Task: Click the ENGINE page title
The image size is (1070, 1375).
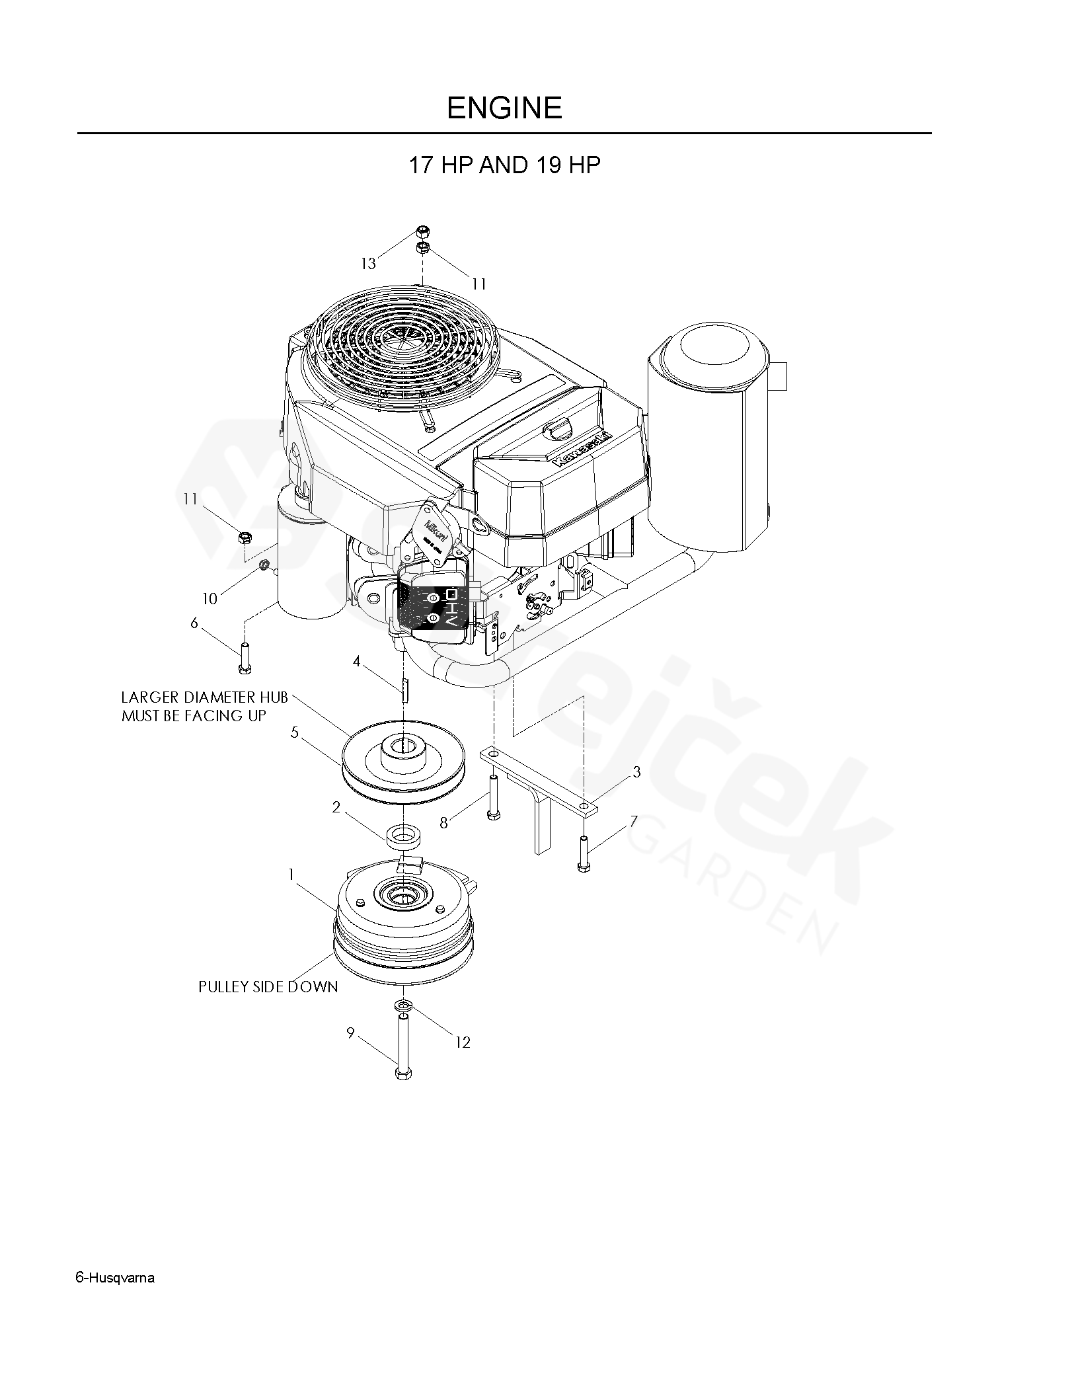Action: click(x=504, y=108)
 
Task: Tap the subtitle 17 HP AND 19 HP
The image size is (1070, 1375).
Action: click(x=504, y=165)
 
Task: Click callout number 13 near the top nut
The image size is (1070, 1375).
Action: click(x=368, y=264)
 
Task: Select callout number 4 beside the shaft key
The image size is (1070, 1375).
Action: click(x=356, y=661)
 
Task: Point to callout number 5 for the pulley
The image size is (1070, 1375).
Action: click(x=295, y=732)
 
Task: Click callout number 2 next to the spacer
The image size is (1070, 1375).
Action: click(x=336, y=807)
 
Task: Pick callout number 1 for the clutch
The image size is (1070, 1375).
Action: click(x=290, y=874)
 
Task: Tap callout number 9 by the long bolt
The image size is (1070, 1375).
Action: click(x=350, y=1033)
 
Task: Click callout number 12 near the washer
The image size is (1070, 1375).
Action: click(x=463, y=1042)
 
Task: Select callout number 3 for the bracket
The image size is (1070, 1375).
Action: click(x=636, y=771)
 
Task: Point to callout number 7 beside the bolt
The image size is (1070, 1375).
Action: click(x=634, y=821)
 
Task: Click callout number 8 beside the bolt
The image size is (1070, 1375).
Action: click(x=444, y=822)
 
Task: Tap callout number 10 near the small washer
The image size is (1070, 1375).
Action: click(x=210, y=599)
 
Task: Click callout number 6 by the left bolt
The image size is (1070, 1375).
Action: click(x=194, y=623)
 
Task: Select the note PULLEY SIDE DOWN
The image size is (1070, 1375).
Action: click(x=268, y=987)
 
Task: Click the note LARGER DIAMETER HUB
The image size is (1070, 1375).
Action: click(x=204, y=697)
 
